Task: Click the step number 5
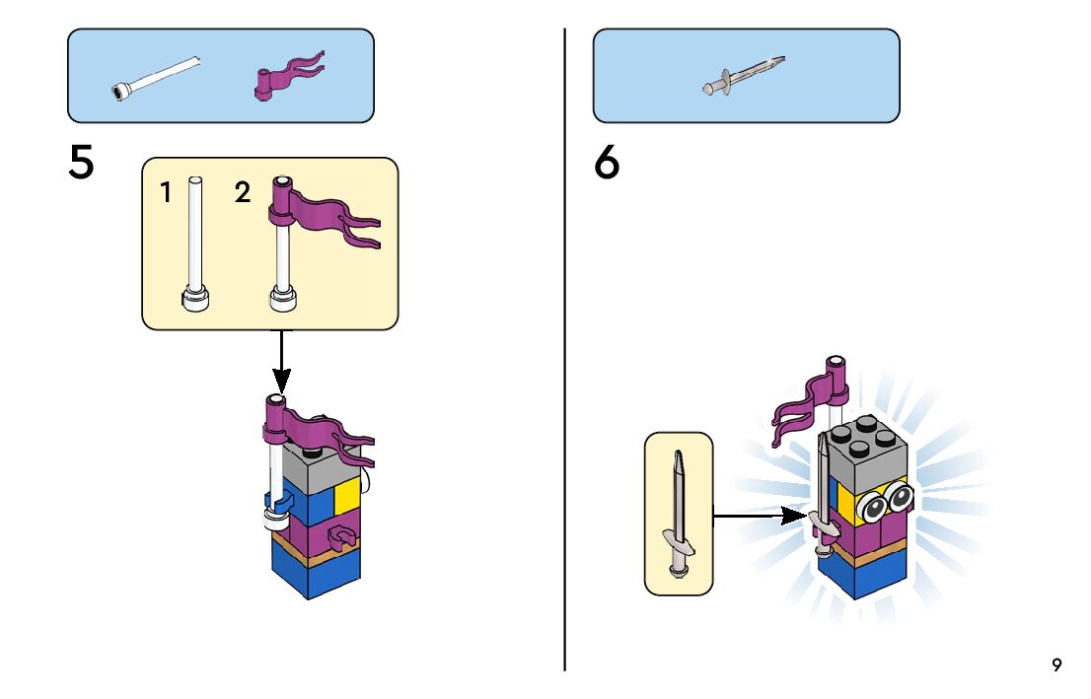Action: pyautogui.click(x=82, y=163)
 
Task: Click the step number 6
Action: pyautogui.click(x=607, y=163)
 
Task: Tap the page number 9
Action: pyautogui.click(x=1056, y=664)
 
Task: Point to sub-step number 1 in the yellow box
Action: pyautogui.click(x=167, y=193)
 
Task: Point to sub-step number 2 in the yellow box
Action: pyautogui.click(x=243, y=193)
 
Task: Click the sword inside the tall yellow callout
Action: pyautogui.click(x=678, y=513)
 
